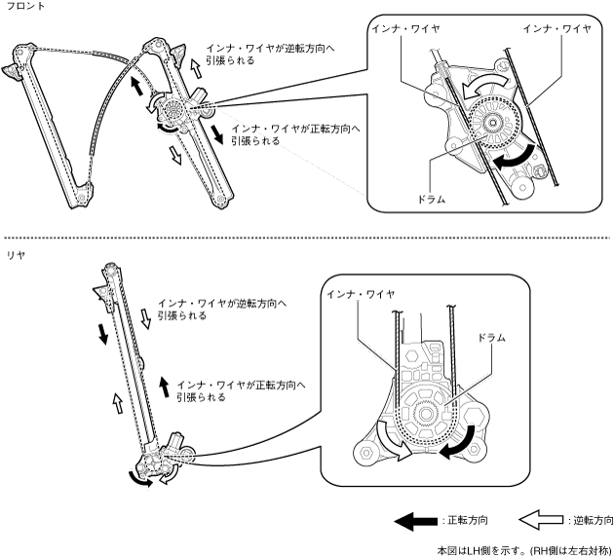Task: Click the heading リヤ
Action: (14, 253)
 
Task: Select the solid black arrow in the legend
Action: (417, 521)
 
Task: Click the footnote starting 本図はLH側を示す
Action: (524, 547)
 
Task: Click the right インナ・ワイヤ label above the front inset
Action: (556, 29)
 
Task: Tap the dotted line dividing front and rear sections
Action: (307, 237)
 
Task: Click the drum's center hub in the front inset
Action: (498, 124)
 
